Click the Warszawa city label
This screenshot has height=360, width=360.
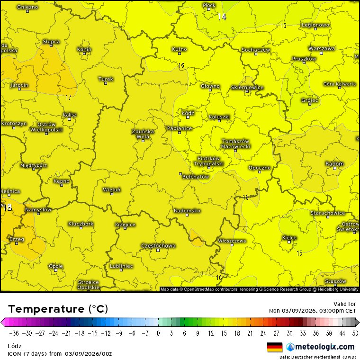[x=322, y=48]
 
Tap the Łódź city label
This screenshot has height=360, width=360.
[x=188, y=113]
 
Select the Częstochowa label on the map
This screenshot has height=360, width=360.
[x=158, y=246]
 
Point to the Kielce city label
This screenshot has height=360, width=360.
[x=289, y=237]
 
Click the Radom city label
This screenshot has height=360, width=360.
[x=334, y=164]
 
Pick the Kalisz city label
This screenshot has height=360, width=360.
[x=70, y=115]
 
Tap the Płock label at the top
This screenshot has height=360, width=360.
[x=209, y=5]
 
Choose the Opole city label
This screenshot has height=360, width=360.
[x=56, y=266]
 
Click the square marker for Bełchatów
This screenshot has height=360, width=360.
[x=180, y=174]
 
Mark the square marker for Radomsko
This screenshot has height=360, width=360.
[x=187, y=215]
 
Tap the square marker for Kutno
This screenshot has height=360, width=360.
[x=180, y=54]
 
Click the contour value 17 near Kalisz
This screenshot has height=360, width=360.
[x=68, y=97]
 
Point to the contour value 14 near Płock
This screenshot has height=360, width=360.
[x=222, y=17]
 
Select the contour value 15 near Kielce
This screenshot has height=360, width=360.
[x=299, y=253]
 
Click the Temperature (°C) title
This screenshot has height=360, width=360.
[x=58, y=309]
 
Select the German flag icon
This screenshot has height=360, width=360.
[x=275, y=347]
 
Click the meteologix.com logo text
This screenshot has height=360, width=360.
[x=325, y=347]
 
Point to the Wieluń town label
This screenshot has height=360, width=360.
[x=112, y=189]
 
